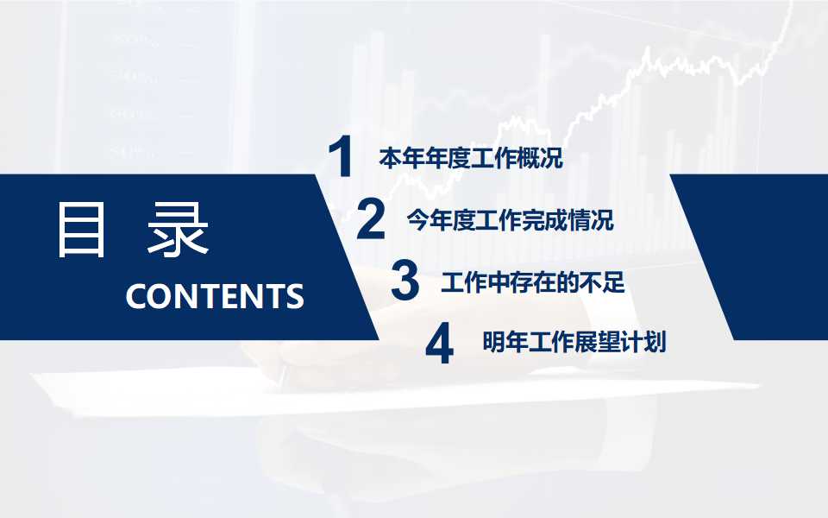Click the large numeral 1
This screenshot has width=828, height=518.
pyautogui.click(x=343, y=158)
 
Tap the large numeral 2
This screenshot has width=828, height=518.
pyautogui.click(x=370, y=219)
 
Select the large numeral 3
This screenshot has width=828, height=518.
pyautogui.click(x=405, y=281)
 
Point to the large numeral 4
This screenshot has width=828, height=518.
pyautogui.click(x=439, y=344)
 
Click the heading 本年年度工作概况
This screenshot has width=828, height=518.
pyautogui.click(x=470, y=159)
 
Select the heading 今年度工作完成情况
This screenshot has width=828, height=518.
pyautogui.click(x=510, y=220)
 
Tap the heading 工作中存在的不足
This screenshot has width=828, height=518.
pyautogui.click(x=532, y=282)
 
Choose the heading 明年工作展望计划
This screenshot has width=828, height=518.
pyautogui.click(x=574, y=343)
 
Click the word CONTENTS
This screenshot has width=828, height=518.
pyautogui.click(x=215, y=296)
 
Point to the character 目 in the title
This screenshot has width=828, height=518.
pyautogui.click(x=82, y=230)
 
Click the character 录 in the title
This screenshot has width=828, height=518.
pyautogui.click(x=178, y=230)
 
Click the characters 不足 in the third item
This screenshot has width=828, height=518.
pyautogui.click(x=604, y=282)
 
